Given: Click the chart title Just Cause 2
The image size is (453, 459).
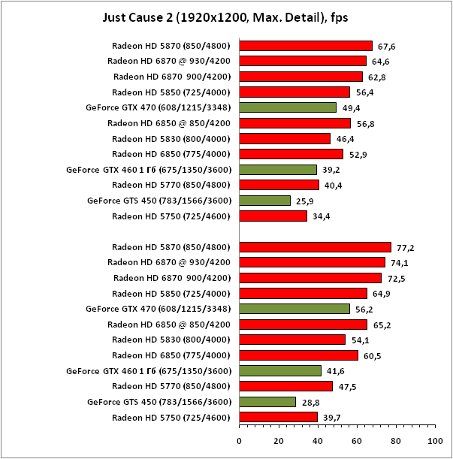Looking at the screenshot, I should (226, 16).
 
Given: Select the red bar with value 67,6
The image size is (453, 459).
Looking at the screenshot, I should (306, 46).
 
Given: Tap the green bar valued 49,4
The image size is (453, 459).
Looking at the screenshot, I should (288, 107).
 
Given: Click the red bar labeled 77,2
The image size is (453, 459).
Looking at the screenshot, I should (315, 247).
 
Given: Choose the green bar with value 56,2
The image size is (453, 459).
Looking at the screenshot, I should (294, 309).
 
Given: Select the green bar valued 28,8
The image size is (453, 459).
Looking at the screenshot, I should (267, 402).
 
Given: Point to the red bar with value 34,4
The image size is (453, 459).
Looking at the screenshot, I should (273, 216).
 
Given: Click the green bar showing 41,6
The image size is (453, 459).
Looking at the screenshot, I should (280, 371).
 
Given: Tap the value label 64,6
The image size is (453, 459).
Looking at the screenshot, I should (381, 62).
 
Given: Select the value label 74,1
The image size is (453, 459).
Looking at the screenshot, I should (400, 263).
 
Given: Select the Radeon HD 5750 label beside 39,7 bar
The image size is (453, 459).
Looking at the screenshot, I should (171, 418).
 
